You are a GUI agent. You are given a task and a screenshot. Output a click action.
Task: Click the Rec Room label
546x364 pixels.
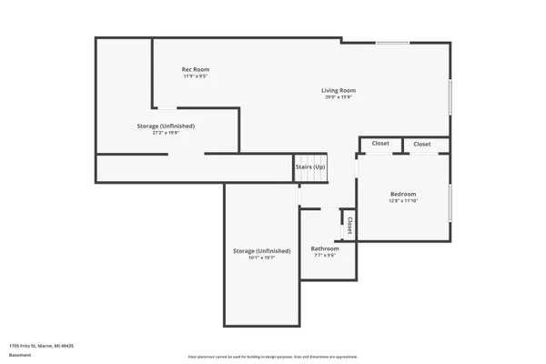click(196, 69)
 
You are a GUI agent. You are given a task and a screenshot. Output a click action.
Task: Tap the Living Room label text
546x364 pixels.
click(338, 90)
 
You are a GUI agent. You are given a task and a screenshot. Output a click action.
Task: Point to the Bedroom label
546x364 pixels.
click(403, 194)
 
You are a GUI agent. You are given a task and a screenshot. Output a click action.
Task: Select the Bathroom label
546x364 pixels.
click(325, 248)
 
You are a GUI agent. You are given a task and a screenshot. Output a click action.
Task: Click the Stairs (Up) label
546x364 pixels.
click(309, 167)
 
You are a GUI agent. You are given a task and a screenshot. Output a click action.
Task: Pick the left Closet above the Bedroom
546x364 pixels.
click(380, 144)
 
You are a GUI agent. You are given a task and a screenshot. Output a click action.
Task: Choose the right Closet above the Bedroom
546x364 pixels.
click(422, 144)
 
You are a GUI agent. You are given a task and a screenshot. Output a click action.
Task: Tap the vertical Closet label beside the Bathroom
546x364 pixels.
click(349, 225)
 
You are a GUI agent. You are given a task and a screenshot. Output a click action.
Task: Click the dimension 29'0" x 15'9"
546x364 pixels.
click(338, 97)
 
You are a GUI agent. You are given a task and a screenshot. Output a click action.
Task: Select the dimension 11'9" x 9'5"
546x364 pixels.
click(196, 76)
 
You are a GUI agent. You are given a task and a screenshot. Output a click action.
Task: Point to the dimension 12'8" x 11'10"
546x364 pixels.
click(403, 201)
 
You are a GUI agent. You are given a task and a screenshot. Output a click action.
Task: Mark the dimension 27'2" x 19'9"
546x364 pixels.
click(166, 133)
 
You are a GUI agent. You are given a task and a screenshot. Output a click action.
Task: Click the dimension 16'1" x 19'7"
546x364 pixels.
click(262, 258)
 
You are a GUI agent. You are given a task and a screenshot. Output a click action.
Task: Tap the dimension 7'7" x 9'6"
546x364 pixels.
click(325, 256)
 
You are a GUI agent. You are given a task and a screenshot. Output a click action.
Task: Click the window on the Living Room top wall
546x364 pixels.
click(392, 43)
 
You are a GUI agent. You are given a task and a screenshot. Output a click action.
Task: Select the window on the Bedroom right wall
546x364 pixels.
click(450, 203)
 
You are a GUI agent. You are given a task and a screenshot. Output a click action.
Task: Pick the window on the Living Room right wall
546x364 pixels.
click(450, 96)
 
